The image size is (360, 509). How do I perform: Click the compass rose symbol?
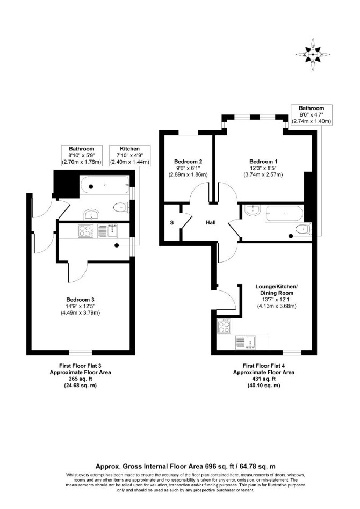tap(313, 55)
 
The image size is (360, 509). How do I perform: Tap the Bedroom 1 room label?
tap(263, 162)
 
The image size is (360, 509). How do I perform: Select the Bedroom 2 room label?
tap(188, 162)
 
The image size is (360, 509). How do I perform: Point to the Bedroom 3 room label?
tap(80, 300)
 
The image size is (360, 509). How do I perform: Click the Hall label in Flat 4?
tap(211, 223)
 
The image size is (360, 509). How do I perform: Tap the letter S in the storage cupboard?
tap(172, 223)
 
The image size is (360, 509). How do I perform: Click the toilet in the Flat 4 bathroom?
tap(303, 229)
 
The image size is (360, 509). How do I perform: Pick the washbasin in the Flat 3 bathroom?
tap(92, 214)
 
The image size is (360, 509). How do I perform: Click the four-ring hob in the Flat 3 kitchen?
tap(85, 231)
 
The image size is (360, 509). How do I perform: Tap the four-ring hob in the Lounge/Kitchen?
tap(224, 325)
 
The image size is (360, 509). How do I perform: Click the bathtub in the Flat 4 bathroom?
tap(284, 213)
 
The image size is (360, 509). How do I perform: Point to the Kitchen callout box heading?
tap(129, 149)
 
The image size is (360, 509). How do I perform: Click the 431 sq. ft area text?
tap(264, 379)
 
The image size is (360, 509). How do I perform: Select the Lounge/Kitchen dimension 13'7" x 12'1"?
tap(277, 299)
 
